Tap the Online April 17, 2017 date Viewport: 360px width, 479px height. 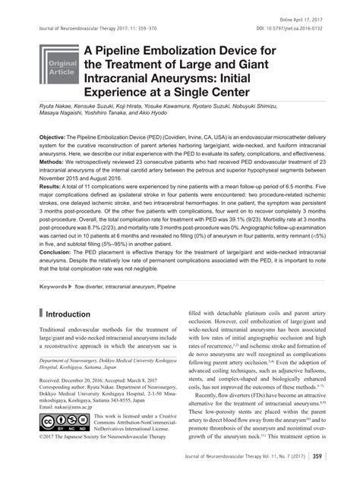click(x=302, y=18)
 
